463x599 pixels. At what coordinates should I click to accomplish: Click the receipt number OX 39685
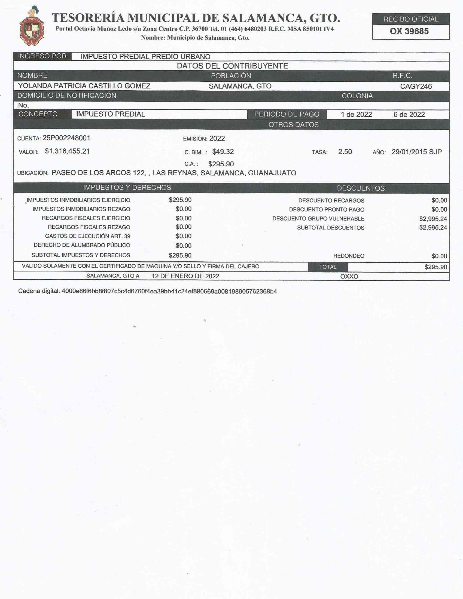pos(409,32)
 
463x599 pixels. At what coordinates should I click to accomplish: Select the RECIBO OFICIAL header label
pos(411,19)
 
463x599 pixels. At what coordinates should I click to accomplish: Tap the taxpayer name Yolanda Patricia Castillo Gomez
pos(84,86)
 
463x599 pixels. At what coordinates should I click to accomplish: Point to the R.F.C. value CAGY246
pos(416,86)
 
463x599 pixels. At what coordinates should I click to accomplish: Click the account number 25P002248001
pos(66,138)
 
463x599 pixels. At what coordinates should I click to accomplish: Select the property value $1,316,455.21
pos(67,151)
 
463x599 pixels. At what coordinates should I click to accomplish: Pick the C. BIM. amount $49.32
pos(223,152)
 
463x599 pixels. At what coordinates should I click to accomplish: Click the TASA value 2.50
pos(345,152)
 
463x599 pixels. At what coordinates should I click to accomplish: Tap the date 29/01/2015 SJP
pos(416,152)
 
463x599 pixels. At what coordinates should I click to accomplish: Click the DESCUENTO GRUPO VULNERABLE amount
pos(433,219)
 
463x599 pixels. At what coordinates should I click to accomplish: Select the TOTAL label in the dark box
pos(327,267)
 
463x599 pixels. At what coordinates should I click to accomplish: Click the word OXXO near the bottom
pos(349,276)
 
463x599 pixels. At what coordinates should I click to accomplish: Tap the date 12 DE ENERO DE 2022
pos(185,276)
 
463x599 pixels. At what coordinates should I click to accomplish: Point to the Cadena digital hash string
pos(169,291)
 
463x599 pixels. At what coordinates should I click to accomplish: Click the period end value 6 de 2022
pos(409,114)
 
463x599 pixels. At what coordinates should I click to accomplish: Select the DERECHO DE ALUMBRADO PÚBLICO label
pos(82,245)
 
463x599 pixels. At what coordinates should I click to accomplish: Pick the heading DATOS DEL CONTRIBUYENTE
pos(232,66)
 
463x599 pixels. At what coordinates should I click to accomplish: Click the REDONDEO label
pos(349,256)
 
